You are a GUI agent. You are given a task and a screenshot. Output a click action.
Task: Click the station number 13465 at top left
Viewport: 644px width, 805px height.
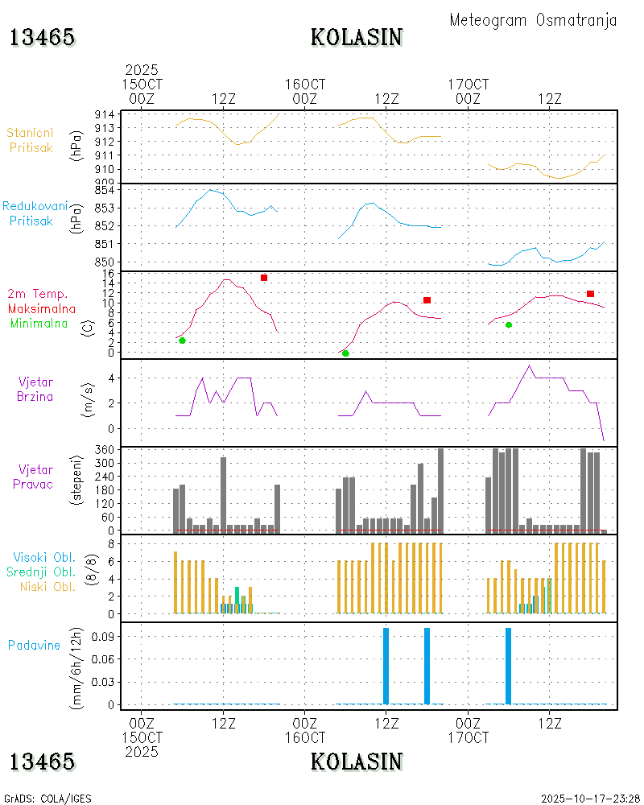[x=43, y=38]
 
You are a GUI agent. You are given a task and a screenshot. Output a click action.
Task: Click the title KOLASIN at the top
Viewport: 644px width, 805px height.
[x=357, y=38]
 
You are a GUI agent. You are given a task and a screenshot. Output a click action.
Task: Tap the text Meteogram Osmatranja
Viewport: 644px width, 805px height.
[x=533, y=20]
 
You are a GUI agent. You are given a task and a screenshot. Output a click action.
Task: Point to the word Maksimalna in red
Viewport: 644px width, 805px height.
[x=42, y=308]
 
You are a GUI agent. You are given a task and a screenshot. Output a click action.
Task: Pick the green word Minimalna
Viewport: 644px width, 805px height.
[x=39, y=324]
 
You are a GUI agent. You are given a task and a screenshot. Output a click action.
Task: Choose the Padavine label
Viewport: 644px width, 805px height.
[x=34, y=645]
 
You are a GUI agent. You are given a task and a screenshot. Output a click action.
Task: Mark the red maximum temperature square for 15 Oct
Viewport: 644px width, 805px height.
[x=264, y=278]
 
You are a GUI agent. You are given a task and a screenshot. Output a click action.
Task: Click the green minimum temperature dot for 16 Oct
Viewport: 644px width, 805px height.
[x=345, y=353]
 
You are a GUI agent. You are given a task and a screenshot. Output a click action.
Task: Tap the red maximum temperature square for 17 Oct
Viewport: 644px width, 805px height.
[x=590, y=294]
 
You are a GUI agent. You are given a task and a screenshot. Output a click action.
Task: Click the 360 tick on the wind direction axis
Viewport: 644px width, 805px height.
[x=107, y=448]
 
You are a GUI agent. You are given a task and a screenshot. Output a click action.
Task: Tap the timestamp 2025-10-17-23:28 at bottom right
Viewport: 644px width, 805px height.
[x=590, y=799]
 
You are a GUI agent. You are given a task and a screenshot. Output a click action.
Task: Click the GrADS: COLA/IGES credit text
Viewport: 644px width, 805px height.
[x=47, y=799]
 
